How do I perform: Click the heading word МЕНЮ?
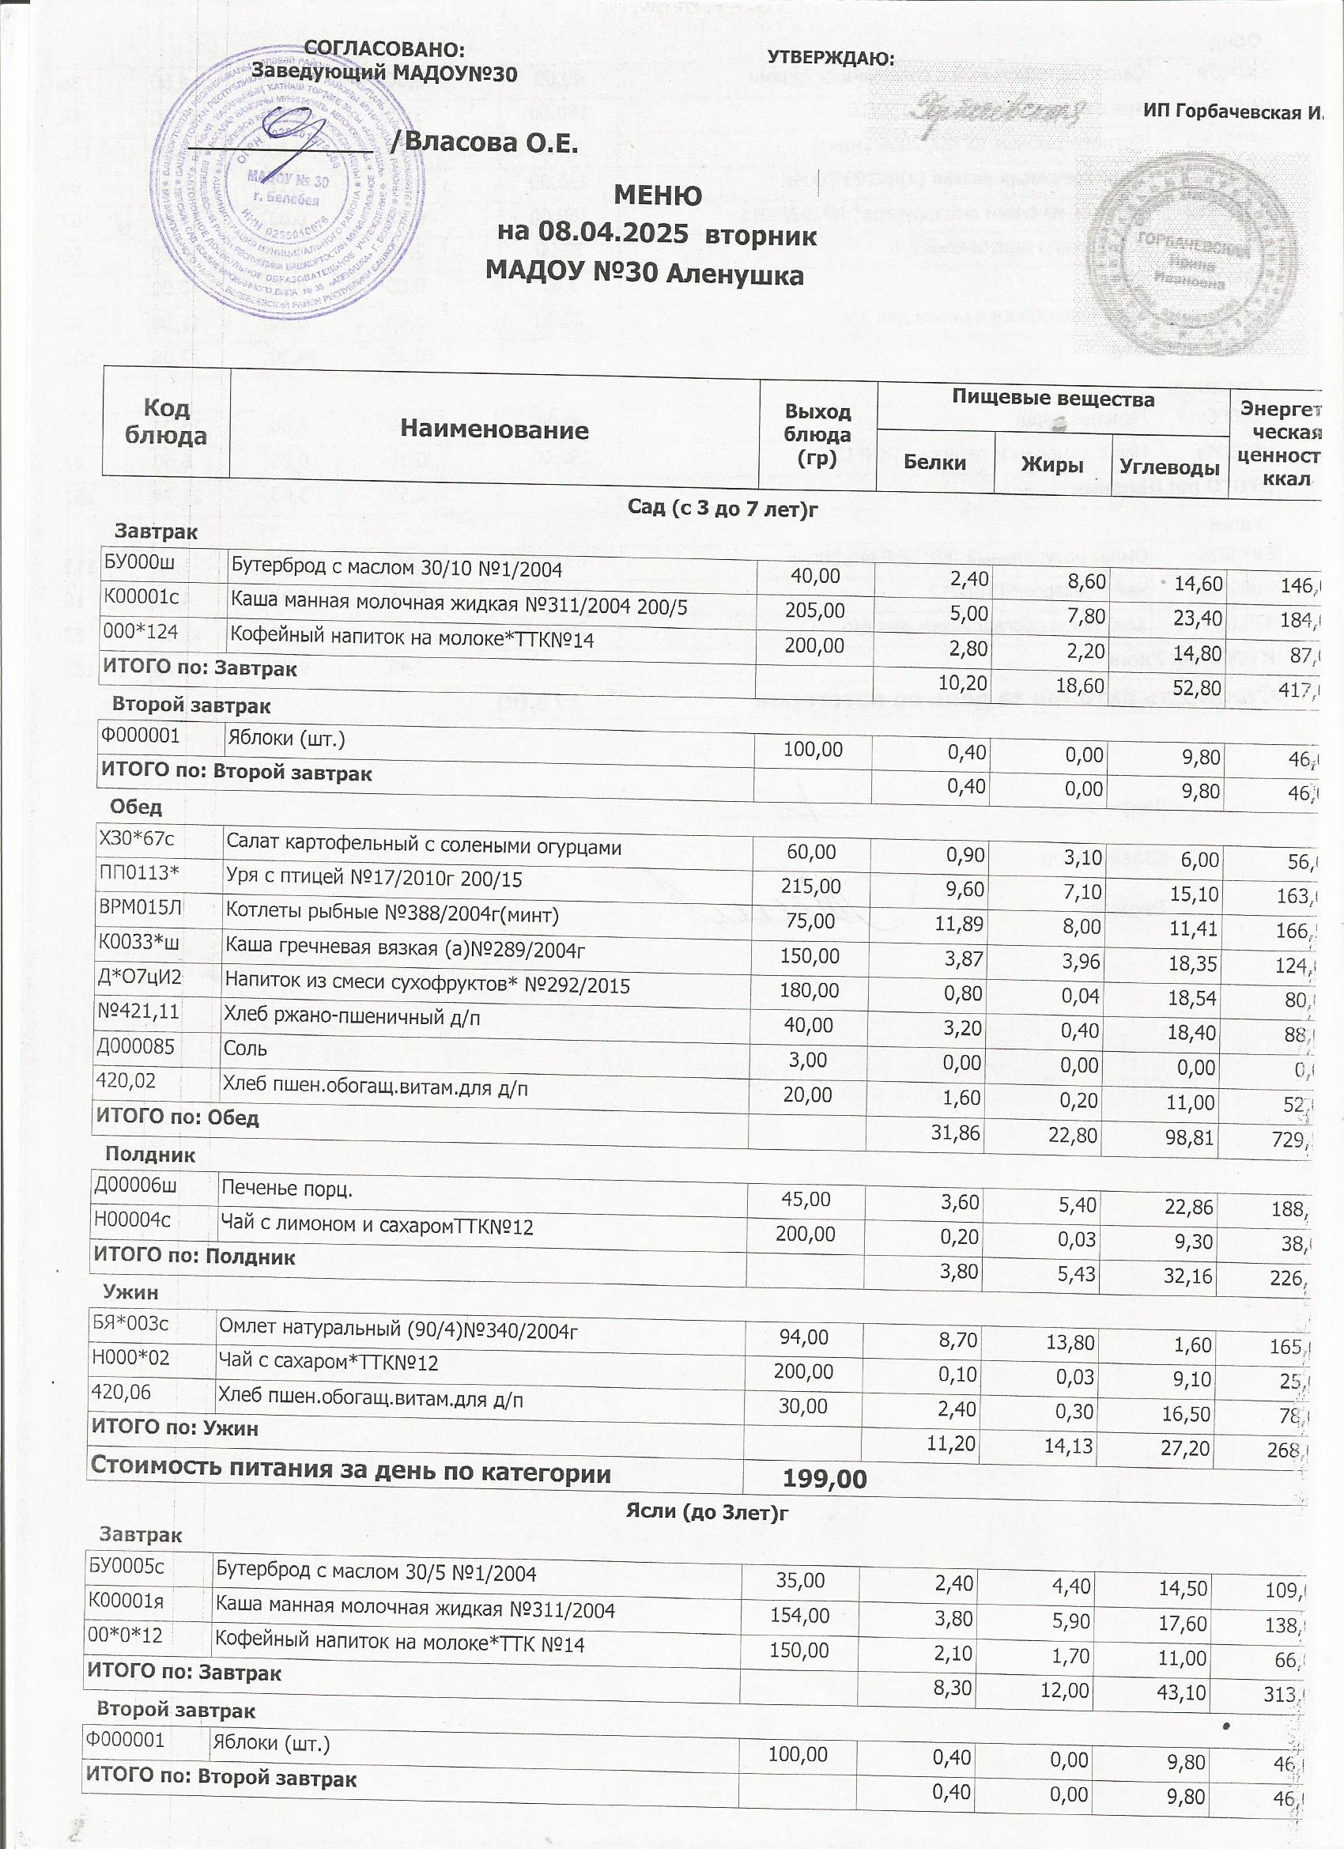pyautogui.click(x=657, y=196)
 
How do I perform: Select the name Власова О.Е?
pyautogui.click(x=492, y=143)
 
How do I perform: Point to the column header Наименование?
pyautogui.click(x=495, y=429)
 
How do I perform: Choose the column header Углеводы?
pyautogui.click(x=1168, y=467)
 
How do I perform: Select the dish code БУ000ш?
pyautogui.click(x=139, y=562)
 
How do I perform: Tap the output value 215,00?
pyautogui.click(x=811, y=887)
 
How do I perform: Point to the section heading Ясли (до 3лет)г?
pyautogui.click(x=708, y=1512)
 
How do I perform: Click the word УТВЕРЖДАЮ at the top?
pyautogui.click(x=832, y=59)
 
